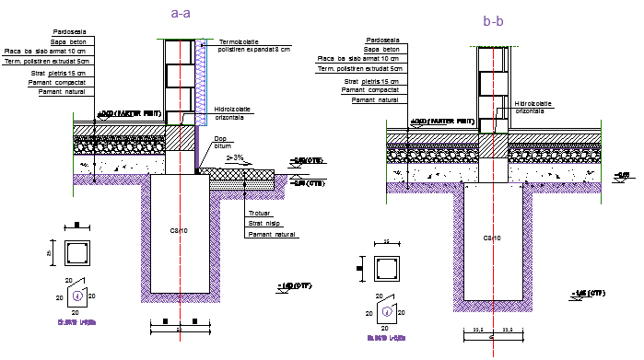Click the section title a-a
[181, 13]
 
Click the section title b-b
[493, 20]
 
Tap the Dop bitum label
[222, 142]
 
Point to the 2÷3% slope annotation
[236, 158]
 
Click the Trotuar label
[259, 215]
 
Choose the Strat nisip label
[263, 225]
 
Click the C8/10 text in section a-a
[179, 231]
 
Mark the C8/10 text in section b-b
[492, 238]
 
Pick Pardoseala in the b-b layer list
[383, 41]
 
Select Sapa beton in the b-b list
[381, 50]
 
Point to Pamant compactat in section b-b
[371, 90]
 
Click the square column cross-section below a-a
[77, 254]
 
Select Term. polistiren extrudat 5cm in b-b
[360, 68]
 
